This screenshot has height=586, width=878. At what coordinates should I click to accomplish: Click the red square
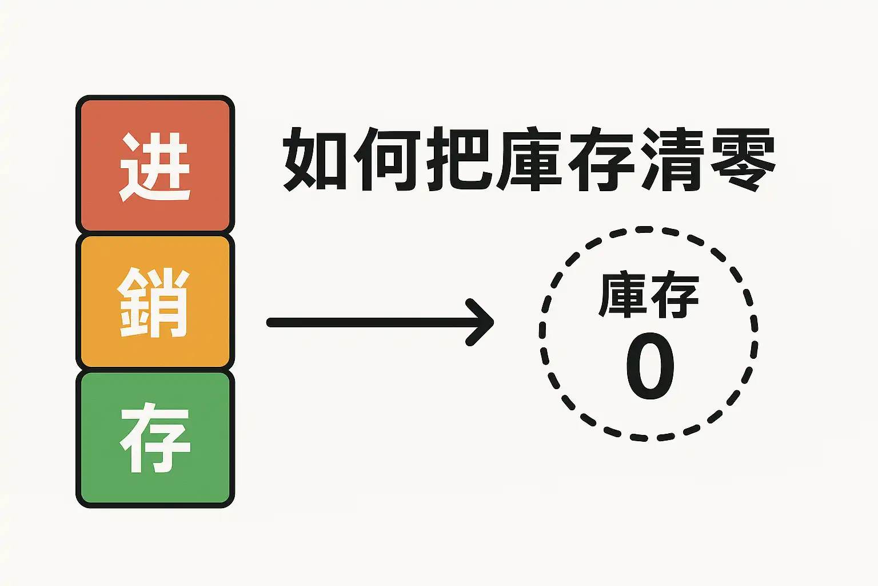155,165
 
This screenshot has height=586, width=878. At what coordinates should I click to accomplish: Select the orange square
155,302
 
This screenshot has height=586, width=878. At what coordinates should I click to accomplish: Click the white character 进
155,167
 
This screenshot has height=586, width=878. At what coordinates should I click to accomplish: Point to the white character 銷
154,302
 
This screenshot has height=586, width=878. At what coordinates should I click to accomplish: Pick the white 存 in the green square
155,437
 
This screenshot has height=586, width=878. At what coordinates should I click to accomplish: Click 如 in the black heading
316,159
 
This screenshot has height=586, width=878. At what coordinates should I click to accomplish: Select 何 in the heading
387,159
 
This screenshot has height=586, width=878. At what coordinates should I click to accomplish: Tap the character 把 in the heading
459,159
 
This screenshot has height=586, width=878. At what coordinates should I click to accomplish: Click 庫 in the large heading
530,159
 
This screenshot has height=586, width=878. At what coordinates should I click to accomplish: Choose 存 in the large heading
602,159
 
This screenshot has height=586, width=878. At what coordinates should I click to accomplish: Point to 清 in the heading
672,159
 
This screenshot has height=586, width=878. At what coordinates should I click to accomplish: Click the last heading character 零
743,159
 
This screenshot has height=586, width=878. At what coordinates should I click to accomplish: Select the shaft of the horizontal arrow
376,323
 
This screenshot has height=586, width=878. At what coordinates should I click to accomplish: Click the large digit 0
650,366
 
